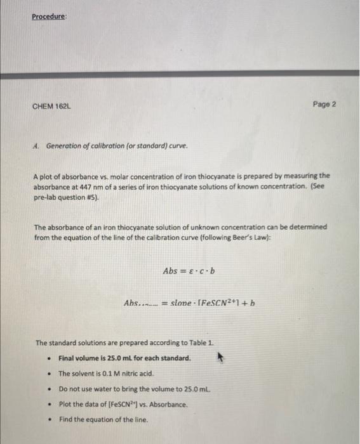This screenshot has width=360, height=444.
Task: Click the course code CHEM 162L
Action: [51, 107]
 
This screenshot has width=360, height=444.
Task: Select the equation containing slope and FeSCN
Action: [189, 303]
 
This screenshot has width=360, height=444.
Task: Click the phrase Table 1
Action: [201, 343]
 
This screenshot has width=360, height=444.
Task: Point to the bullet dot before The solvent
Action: [48, 374]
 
